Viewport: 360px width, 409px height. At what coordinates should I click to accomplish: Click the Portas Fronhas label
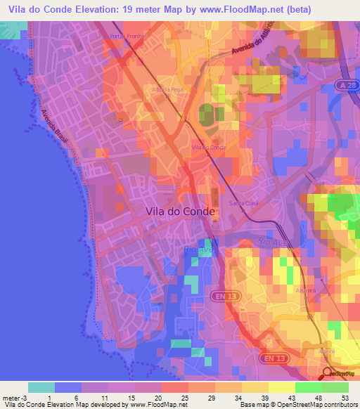[x=126, y=37]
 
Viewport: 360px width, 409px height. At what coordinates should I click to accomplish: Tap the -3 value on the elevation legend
[x=22, y=397]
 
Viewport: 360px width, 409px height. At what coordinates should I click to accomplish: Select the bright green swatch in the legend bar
[x=308, y=387]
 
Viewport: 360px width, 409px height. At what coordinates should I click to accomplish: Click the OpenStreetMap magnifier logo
[x=328, y=373]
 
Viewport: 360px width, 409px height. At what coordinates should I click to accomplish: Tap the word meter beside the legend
[x=10, y=397]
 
